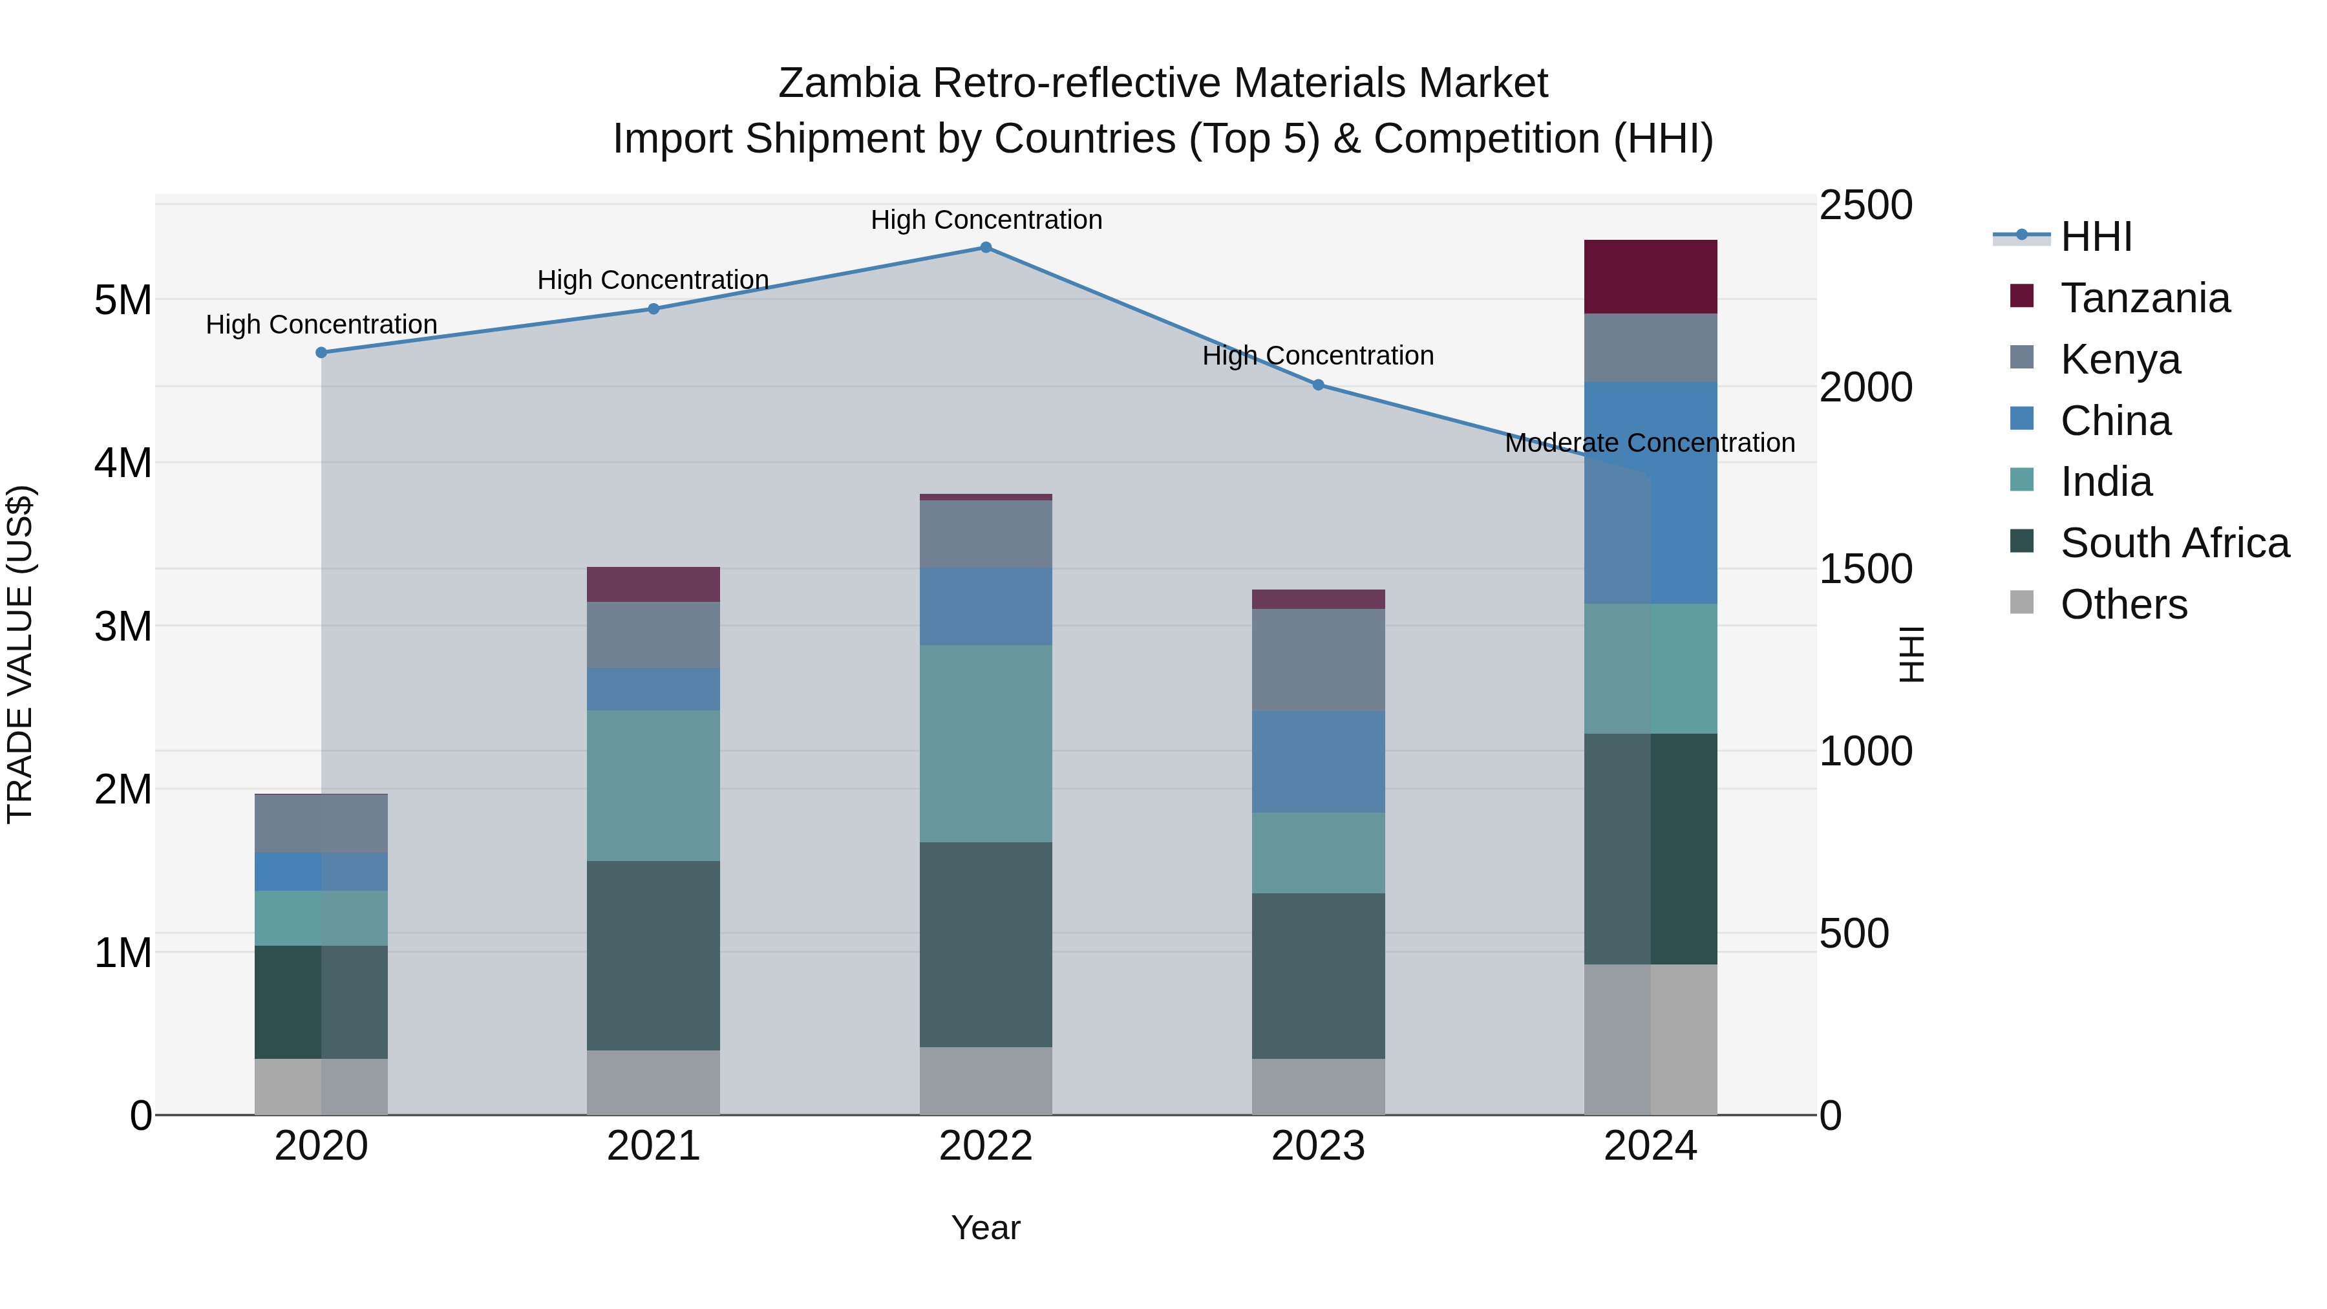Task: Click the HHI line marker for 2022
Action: [986, 248]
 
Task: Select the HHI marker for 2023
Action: [1318, 385]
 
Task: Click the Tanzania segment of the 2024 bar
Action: [1650, 277]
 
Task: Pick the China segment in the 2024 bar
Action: [1650, 493]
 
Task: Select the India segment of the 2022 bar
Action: [986, 743]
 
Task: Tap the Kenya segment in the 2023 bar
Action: [1318, 659]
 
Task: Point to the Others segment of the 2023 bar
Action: [1318, 1086]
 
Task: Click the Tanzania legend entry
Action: [2145, 298]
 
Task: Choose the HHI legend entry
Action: [2096, 237]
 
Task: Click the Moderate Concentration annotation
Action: [1650, 443]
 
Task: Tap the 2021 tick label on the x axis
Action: [653, 1146]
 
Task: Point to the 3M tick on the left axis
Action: [123, 626]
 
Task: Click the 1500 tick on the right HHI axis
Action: [1865, 569]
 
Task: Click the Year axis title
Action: [986, 1228]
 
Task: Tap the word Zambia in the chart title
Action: [848, 83]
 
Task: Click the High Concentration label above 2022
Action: [986, 220]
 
